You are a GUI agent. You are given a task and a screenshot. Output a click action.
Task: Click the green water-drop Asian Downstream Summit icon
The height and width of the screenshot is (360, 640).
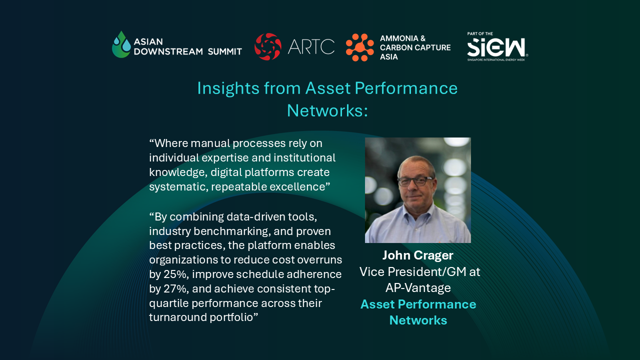[x=121, y=44]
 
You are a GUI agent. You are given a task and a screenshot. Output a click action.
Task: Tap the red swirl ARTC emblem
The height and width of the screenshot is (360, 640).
[x=267, y=46]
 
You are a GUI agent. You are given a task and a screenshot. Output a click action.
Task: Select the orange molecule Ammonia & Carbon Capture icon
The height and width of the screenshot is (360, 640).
[x=359, y=47]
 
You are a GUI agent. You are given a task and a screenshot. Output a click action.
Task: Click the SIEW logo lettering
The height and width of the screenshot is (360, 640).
[x=497, y=47]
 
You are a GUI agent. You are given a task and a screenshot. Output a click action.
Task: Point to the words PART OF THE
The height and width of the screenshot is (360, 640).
[x=480, y=33]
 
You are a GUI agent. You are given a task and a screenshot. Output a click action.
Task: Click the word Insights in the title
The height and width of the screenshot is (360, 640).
[x=227, y=88]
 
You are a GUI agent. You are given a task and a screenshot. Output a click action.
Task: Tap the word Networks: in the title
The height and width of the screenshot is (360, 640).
[x=327, y=110]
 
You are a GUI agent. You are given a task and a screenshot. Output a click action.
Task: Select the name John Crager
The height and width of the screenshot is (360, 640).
[x=417, y=255]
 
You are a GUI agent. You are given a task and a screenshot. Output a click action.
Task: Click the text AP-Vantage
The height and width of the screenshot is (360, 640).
[x=418, y=287]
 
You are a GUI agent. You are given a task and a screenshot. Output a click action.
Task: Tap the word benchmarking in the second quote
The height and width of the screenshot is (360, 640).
[x=232, y=231]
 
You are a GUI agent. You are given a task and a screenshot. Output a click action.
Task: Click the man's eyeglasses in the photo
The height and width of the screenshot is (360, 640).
[x=417, y=181]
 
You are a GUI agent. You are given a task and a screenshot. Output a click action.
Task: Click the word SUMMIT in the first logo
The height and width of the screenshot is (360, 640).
[x=225, y=51]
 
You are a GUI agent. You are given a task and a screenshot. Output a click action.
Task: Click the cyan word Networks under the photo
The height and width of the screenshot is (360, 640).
[x=418, y=320]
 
